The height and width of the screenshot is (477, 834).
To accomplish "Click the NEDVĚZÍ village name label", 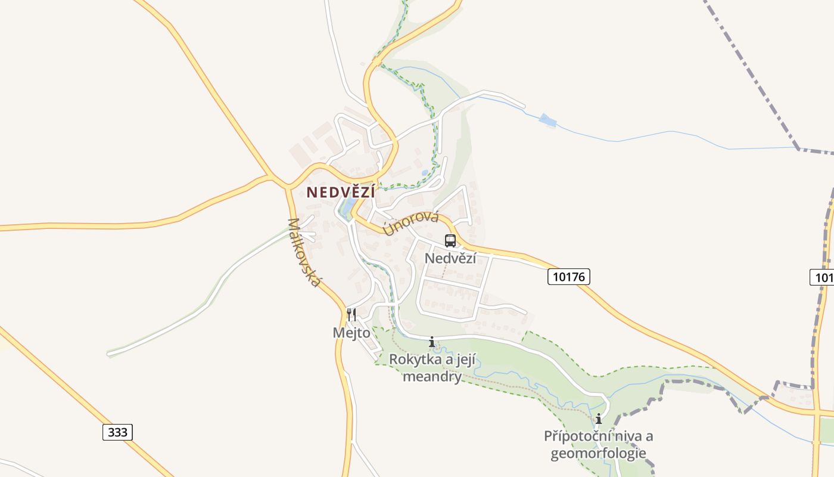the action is click(x=341, y=192).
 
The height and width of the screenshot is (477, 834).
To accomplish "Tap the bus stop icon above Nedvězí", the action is click(x=450, y=241).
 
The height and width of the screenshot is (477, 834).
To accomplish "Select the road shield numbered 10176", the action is click(x=569, y=277).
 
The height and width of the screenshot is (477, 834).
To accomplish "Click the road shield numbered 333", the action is click(x=117, y=432).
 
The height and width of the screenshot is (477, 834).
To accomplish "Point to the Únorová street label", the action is click(x=412, y=223).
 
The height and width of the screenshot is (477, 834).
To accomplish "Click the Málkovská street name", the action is click(x=303, y=252).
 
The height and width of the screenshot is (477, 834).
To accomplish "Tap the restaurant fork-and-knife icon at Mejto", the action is click(x=351, y=314).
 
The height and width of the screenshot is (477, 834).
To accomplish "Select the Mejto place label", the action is click(x=351, y=333).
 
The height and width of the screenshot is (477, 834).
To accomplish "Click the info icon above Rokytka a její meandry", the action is click(x=432, y=342).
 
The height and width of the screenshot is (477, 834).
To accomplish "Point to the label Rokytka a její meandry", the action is click(x=432, y=368).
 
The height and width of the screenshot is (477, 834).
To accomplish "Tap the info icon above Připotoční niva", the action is click(x=599, y=419).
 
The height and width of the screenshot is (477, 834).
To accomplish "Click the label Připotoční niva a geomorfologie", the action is click(x=598, y=445).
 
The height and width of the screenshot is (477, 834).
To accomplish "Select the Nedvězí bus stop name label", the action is click(x=450, y=258).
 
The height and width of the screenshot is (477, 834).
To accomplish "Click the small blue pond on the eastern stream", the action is click(x=547, y=121).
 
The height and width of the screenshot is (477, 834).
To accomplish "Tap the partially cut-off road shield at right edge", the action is click(x=823, y=277).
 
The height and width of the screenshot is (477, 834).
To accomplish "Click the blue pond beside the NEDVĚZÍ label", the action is click(x=346, y=207).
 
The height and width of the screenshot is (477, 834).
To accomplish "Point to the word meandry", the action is click(x=432, y=377).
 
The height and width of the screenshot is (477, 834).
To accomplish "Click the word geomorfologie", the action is click(x=598, y=454).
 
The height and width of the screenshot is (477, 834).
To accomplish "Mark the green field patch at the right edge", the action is click(x=826, y=429).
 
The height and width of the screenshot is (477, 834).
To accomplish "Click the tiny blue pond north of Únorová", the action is click(x=424, y=172).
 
